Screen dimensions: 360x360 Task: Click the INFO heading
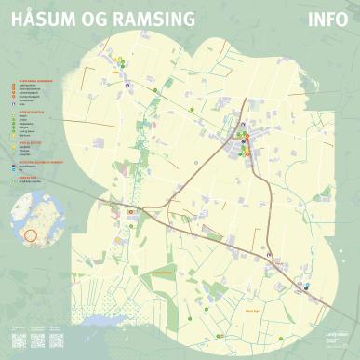coord(326,20)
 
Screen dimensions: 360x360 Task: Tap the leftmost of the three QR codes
coord(19,340)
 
